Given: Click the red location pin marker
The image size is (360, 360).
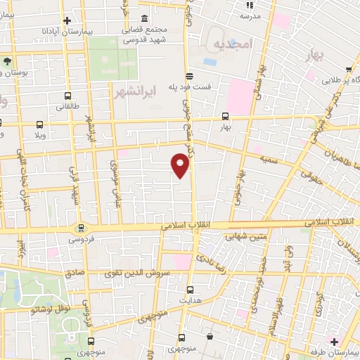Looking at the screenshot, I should tap(181, 165).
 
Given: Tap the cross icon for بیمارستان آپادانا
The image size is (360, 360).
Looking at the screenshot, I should tap(66, 21).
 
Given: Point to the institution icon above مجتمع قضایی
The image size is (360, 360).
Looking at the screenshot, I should tap(144, 18).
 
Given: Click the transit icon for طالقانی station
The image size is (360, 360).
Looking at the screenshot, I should tap(67, 96).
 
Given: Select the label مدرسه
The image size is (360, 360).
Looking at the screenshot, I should tap(250, 15).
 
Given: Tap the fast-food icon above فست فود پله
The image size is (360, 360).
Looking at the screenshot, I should tap(188, 76).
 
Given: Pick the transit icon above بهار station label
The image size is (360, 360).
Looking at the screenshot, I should tap(225, 117).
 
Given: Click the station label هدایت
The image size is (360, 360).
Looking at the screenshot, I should tap(191, 300).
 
